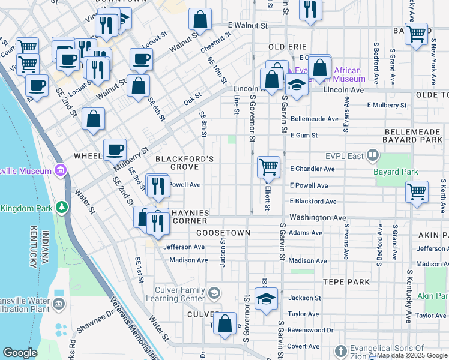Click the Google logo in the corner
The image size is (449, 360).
[20, 353]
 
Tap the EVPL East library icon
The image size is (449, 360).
[373, 156]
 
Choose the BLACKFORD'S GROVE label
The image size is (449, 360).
[184, 163]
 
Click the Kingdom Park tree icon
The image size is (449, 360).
[61, 208]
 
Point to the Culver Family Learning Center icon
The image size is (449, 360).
[214, 293]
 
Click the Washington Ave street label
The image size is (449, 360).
[318, 217]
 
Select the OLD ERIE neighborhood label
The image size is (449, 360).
[288, 47]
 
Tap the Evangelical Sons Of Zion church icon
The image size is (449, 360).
[340, 350]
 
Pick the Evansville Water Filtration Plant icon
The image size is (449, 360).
[59, 304]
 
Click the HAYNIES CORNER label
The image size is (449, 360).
[190, 217]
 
